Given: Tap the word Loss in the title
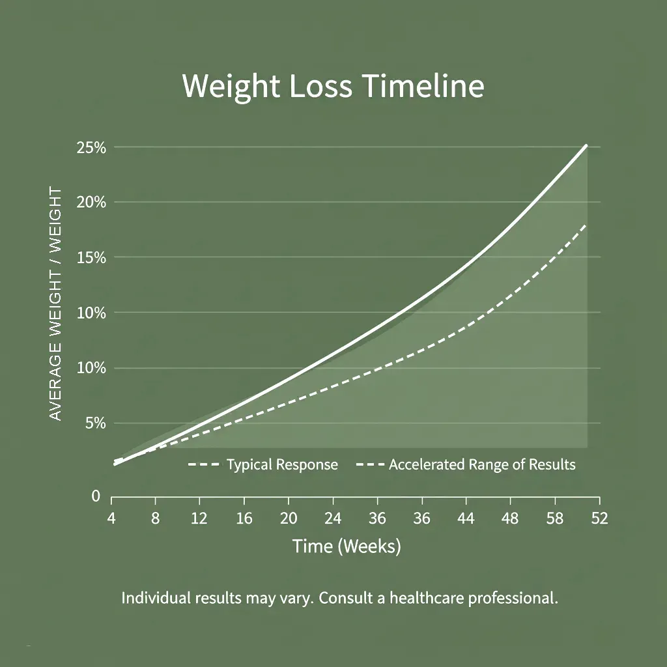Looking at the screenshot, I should point(307,87).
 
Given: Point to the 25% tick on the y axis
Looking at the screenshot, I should point(91,148).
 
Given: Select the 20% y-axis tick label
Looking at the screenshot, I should point(91,203).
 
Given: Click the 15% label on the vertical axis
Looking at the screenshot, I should point(91,258).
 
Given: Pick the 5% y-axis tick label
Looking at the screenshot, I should point(95,423).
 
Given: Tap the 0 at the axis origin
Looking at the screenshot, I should point(96,496).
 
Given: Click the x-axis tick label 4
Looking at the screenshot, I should point(112,518).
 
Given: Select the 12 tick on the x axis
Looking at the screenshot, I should point(199,518).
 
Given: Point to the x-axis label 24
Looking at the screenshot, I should point(333,518).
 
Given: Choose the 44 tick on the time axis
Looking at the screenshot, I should point(466,518).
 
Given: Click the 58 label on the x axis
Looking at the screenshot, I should point(555,518).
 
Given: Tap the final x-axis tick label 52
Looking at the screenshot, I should point(599,518).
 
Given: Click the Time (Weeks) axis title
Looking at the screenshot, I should point(347,546).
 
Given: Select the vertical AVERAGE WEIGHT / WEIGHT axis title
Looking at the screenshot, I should point(56,304).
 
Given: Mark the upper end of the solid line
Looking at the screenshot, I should point(587,145).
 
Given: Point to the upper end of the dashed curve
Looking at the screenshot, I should point(586,225).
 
